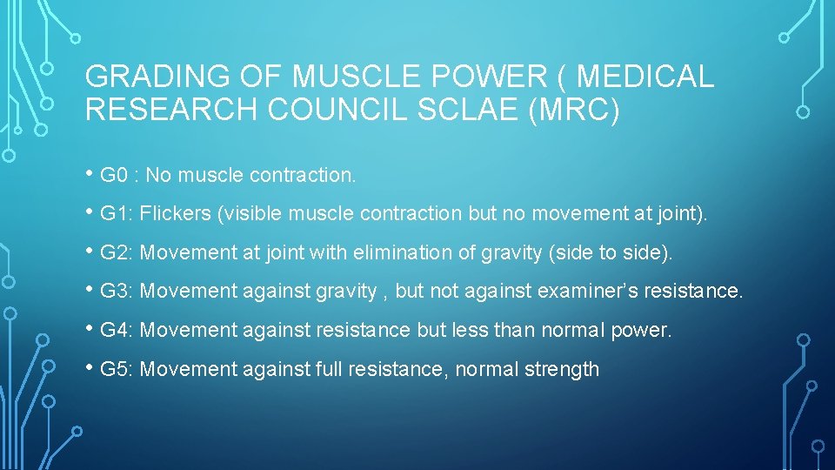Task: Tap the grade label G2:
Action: coord(117,253)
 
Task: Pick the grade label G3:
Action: coord(117,292)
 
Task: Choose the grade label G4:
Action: coord(117,331)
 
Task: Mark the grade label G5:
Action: coord(117,370)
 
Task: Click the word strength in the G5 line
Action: coord(562,370)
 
